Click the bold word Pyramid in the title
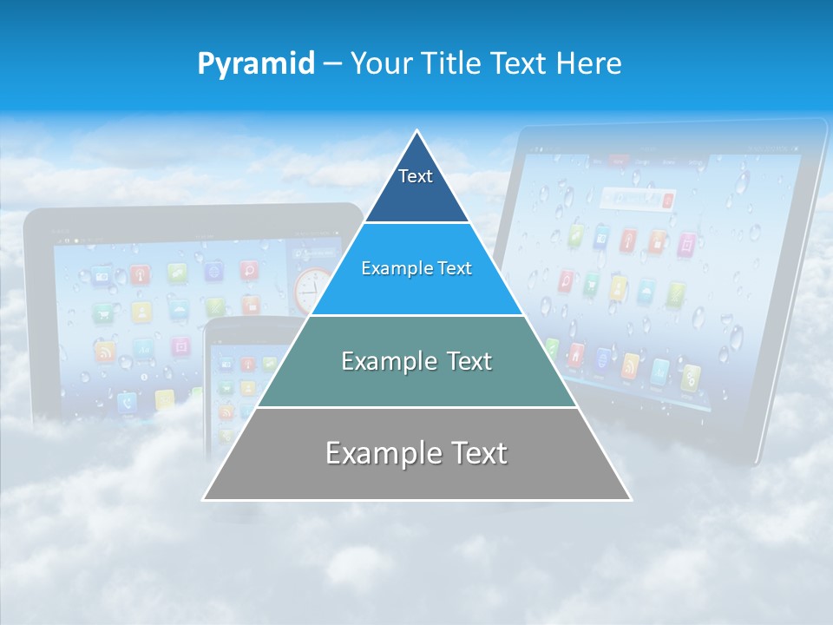255,63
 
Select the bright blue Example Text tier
416,269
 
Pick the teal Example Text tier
416,361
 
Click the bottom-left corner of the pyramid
205,499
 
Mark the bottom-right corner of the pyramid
630,499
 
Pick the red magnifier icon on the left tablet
250,270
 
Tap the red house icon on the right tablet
576,354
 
